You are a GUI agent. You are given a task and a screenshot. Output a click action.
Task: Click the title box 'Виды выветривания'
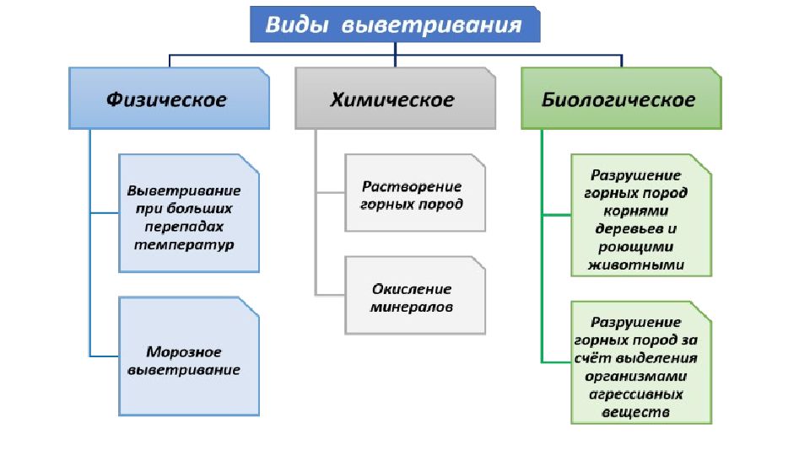[x=395, y=24]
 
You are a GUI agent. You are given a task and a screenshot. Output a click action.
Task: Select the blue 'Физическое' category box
[x=170, y=98]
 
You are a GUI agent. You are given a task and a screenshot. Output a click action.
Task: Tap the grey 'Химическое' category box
[x=395, y=98]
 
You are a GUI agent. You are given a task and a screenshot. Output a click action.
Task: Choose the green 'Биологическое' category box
[x=622, y=98]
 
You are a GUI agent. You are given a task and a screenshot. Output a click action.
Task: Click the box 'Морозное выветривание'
[x=189, y=356]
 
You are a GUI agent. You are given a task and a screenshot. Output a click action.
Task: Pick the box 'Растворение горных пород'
[x=415, y=192]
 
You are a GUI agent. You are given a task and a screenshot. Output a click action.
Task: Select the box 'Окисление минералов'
[x=415, y=296]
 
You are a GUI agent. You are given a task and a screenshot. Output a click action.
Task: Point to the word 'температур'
[x=184, y=244]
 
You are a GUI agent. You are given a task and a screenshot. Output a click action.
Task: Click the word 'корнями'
[x=636, y=211]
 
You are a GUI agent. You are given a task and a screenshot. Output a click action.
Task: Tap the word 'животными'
[x=636, y=265]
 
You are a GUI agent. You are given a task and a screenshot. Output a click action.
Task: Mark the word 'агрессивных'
[x=636, y=394]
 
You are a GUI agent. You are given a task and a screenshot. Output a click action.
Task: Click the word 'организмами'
[x=636, y=377]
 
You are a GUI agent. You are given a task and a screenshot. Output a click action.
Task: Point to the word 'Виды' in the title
[x=297, y=24]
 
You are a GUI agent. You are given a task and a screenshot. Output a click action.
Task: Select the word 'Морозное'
[x=184, y=352]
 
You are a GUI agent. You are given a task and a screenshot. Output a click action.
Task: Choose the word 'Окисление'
[x=412, y=289]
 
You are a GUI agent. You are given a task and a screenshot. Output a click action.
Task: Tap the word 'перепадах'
[x=184, y=227]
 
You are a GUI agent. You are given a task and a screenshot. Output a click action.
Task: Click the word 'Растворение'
[x=412, y=186]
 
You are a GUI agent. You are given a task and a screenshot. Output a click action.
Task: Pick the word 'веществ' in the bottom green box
[x=636, y=412]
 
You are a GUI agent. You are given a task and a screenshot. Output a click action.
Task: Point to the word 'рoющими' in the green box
[x=636, y=247]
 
